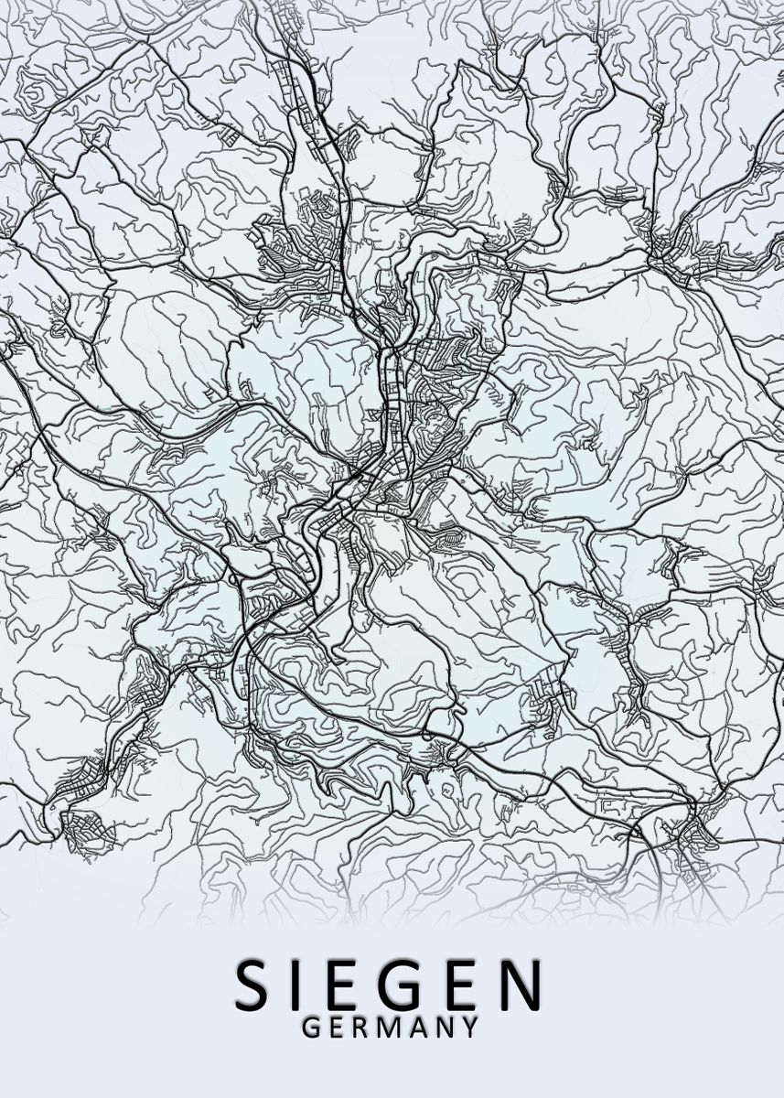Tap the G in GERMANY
310,1028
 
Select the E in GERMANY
336,1028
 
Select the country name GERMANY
390,1028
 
